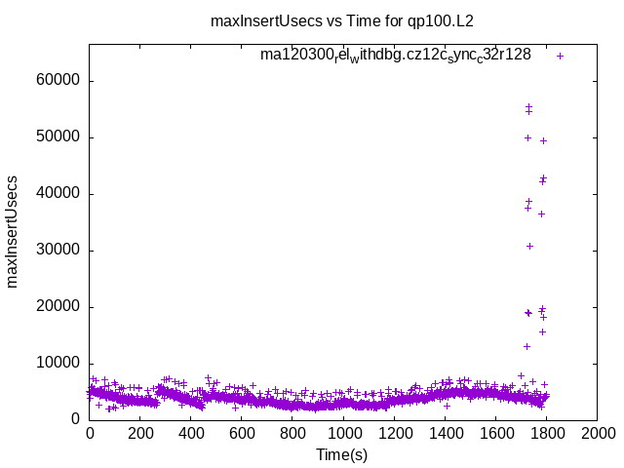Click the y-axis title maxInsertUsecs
tap(13, 232)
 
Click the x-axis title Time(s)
tap(341, 454)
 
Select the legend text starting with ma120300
tap(395, 55)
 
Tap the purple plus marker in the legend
tap(560, 56)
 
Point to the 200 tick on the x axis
tap(140, 433)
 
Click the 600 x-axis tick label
tap(242, 433)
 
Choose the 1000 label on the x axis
tap(343, 433)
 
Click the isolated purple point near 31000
tap(529, 246)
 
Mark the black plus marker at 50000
tap(527, 137)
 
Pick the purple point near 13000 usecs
tap(526, 346)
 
